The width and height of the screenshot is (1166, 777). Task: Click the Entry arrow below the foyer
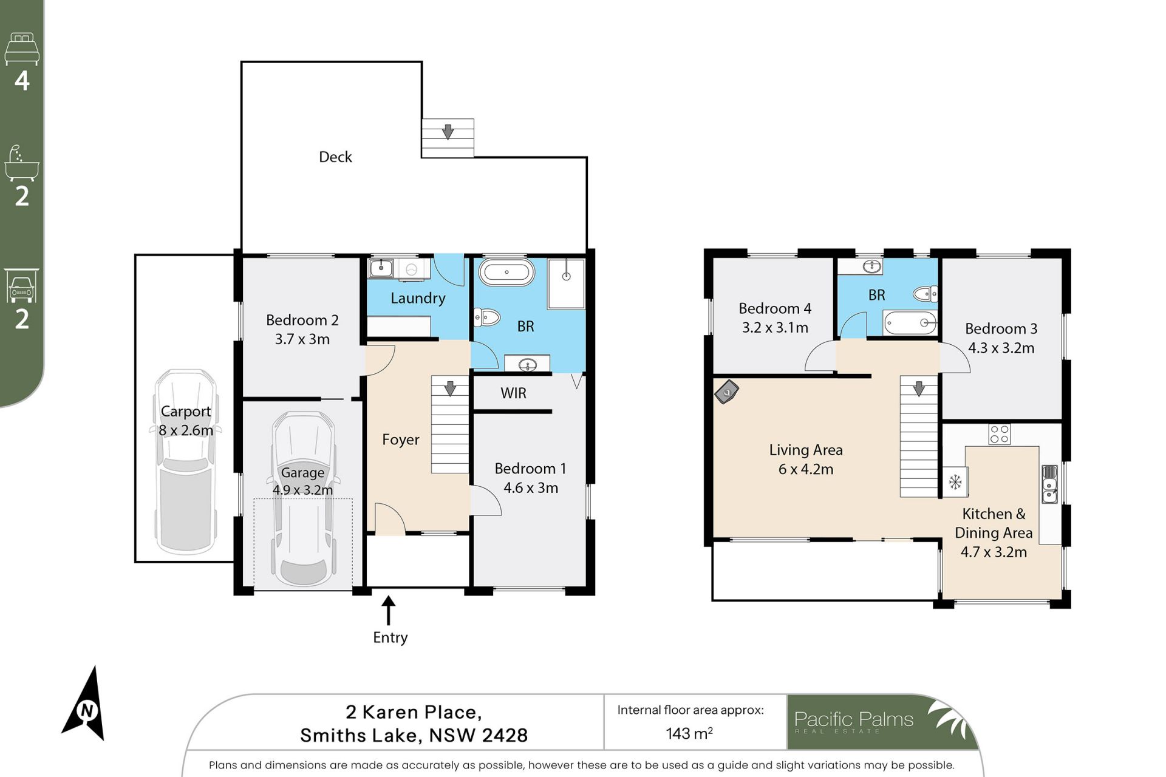[x=388, y=610]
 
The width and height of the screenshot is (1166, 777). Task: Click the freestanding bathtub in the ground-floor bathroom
[x=506, y=272]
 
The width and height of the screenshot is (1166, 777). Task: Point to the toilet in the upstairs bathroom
[x=925, y=294]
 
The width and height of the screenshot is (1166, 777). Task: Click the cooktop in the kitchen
[x=999, y=434]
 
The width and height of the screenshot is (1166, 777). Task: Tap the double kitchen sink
[x=1049, y=484]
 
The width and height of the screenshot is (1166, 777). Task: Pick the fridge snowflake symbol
[x=955, y=482]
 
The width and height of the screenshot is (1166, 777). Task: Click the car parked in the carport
[x=185, y=461]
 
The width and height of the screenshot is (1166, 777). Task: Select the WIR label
[x=513, y=393]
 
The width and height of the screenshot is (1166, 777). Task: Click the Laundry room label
[x=418, y=298]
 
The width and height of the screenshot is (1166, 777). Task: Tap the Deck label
[x=335, y=157]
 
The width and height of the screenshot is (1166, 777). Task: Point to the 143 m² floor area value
[x=689, y=733]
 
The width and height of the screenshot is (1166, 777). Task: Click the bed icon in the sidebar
[x=22, y=49]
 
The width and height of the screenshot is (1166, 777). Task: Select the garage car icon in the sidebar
[x=22, y=286]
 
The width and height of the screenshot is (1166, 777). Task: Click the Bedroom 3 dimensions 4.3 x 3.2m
[x=1001, y=348]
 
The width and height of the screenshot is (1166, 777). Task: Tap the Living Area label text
[x=806, y=450]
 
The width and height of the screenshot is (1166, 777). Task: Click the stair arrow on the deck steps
[x=448, y=131]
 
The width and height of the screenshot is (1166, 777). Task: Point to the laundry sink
[x=381, y=268]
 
